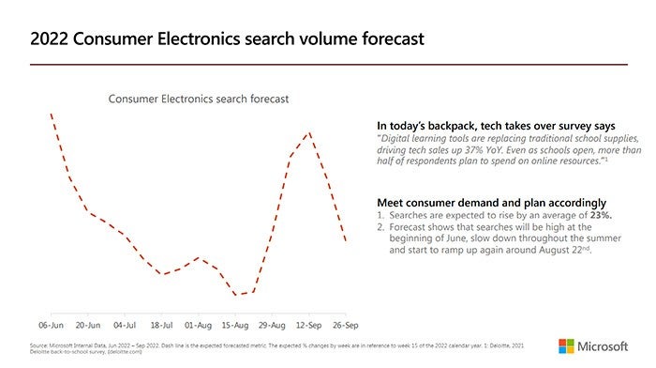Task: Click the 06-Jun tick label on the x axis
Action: [x=51, y=324]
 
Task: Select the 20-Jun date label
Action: [x=87, y=324]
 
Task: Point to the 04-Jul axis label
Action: [x=125, y=324]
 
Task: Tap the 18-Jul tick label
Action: [x=161, y=324]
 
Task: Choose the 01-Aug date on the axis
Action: [x=198, y=324]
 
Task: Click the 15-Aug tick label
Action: [x=235, y=324]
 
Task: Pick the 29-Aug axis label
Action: [x=272, y=324]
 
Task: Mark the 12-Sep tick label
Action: [x=309, y=324]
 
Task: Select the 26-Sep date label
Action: [x=346, y=324]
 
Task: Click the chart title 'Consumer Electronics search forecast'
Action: [x=198, y=99]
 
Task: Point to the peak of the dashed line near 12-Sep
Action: [x=309, y=132]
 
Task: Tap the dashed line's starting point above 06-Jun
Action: [x=51, y=115]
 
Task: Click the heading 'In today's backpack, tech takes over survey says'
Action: [x=496, y=125]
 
